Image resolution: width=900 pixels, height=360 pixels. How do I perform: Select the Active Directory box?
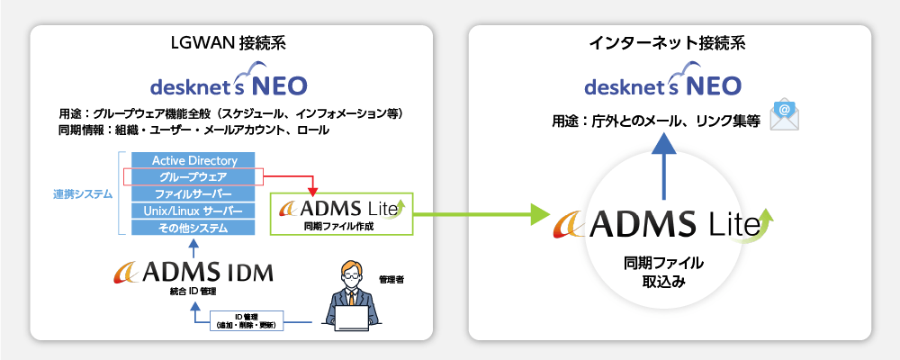click(x=194, y=160)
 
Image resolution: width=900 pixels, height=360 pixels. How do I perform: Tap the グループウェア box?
click(x=194, y=177)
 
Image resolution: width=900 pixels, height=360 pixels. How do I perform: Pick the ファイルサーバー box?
click(x=194, y=194)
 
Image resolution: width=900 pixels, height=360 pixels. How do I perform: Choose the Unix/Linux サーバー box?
click(x=194, y=211)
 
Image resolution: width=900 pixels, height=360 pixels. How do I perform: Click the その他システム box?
click(x=194, y=228)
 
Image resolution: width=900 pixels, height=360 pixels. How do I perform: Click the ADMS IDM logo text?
click(x=194, y=271)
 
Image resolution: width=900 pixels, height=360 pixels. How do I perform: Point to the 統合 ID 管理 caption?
click(x=194, y=292)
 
